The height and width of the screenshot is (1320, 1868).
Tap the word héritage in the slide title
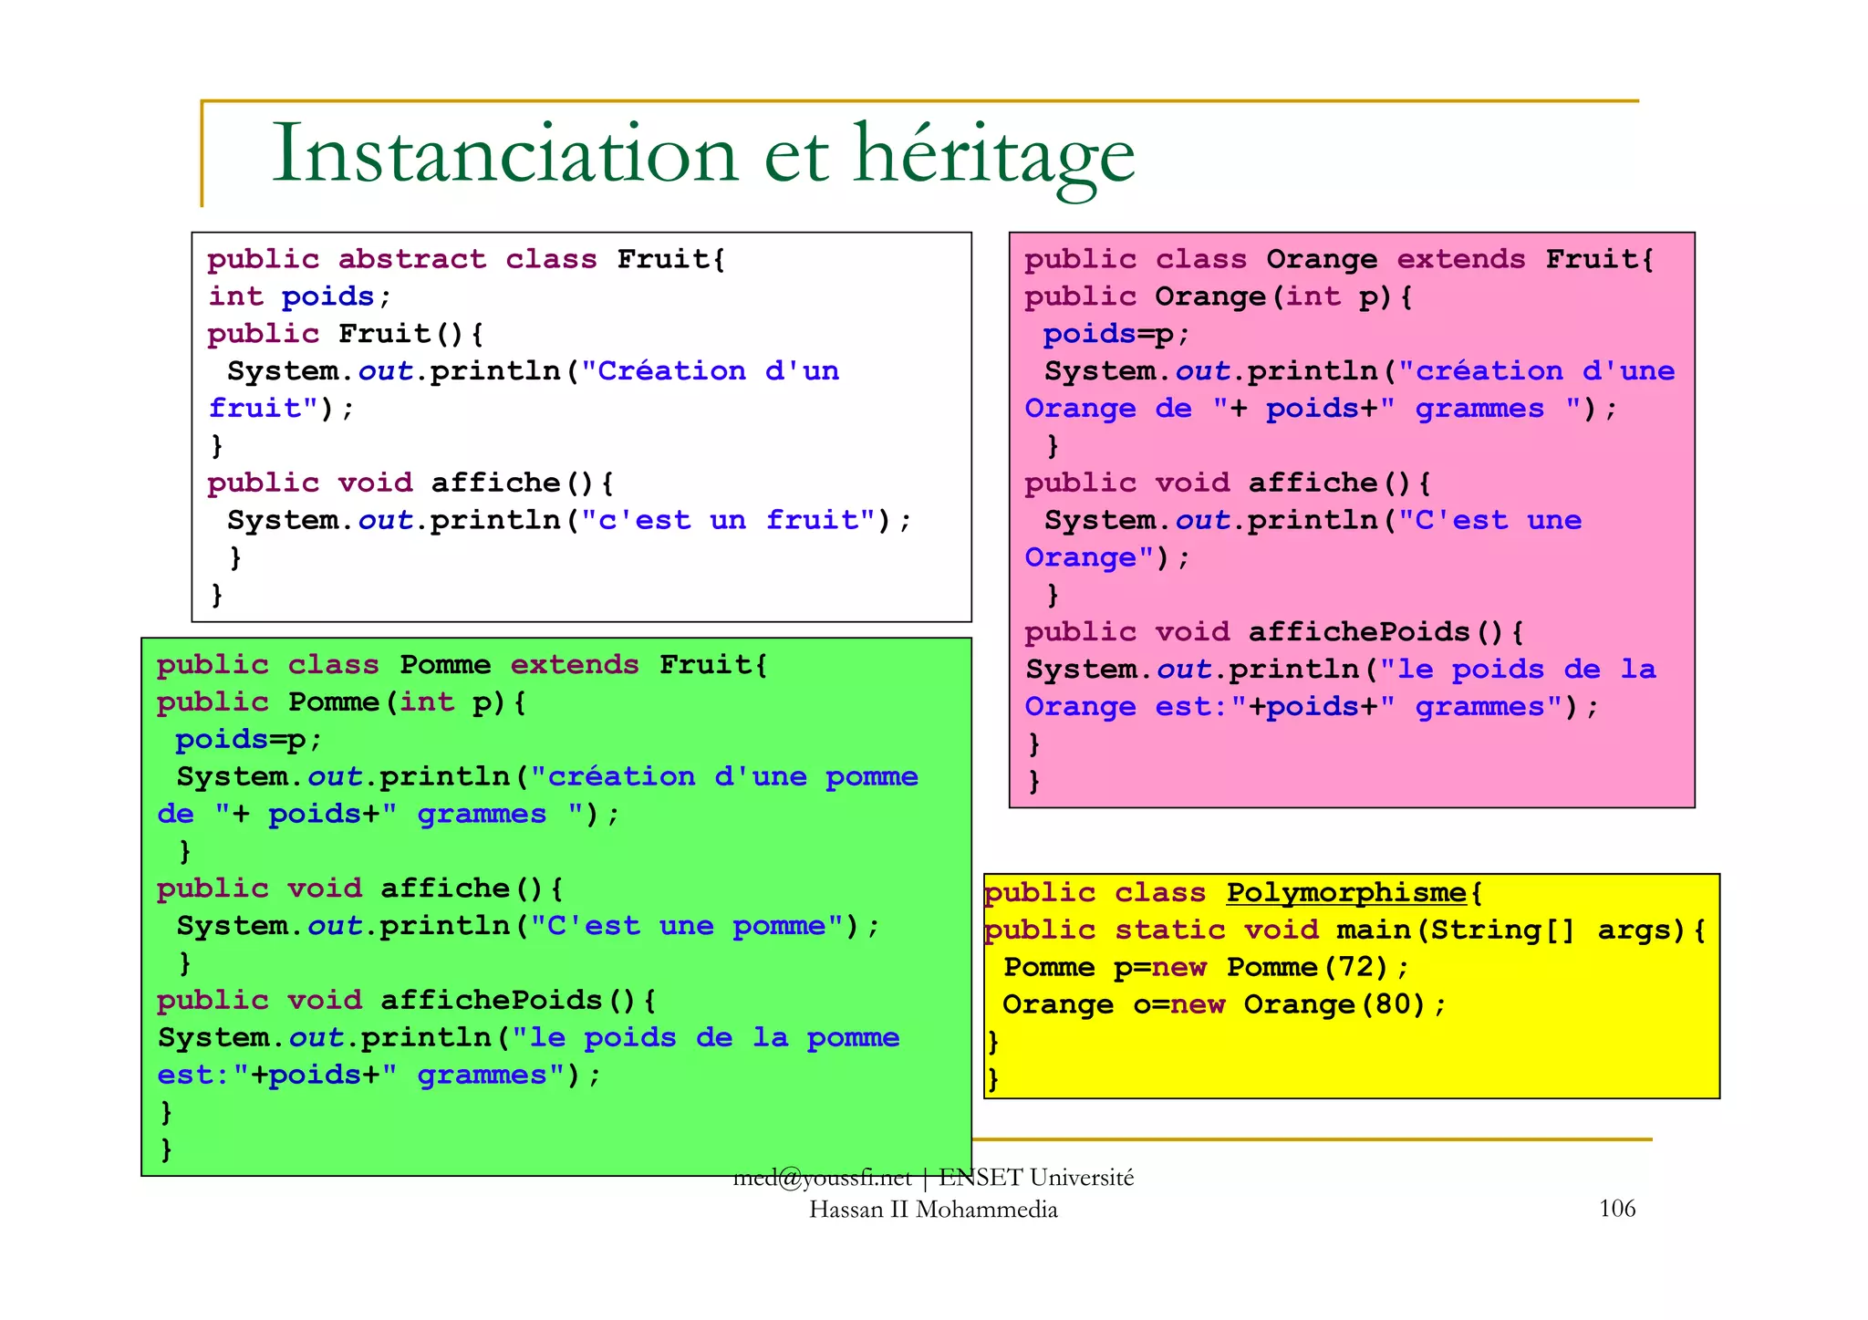click(x=994, y=155)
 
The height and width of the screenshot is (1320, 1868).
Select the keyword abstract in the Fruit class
click(x=412, y=260)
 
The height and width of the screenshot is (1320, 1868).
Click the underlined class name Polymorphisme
click(x=1346, y=893)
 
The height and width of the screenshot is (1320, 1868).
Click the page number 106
click(x=1617, y=1209)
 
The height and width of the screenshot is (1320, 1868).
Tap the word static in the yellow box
click(x=1170, y=930)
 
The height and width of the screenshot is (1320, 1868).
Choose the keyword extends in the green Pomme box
click(x=575, y=665)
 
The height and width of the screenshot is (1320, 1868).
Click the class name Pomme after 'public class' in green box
click(x=445, y=665)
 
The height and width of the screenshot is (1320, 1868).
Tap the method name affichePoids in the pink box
click(x=1359, y=632)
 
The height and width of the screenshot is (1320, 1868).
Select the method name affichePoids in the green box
click(x=492, y=1001)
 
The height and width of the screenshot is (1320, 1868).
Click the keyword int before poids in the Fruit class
click(x=236, y=297)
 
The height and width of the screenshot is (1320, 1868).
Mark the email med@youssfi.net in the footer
click(x=822, y=1178)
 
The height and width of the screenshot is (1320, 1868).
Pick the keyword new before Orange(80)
click(x=1198, y=1005)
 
